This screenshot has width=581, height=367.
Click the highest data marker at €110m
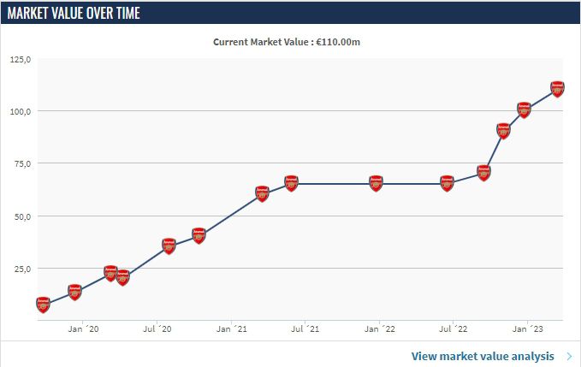557,88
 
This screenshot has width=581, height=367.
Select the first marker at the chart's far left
44,304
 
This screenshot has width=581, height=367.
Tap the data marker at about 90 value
503,130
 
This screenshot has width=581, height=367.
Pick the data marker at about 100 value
525,110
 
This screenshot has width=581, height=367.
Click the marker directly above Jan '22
376,183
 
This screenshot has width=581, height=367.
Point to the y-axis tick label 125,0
20,59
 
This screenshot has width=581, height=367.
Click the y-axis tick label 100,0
20,111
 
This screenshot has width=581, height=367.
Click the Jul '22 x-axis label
454,329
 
